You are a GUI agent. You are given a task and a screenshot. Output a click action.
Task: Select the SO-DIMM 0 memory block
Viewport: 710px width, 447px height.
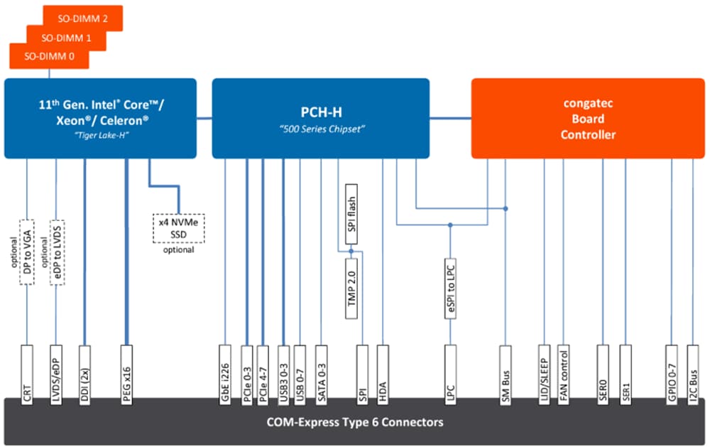tap(49, 56)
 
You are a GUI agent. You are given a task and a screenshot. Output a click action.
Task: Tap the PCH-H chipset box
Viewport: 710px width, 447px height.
tap(321, 118)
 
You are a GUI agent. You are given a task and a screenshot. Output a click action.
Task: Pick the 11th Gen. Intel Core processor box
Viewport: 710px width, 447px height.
tap(100, 118)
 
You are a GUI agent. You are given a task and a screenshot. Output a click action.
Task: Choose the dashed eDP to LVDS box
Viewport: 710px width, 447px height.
tap(58, 252)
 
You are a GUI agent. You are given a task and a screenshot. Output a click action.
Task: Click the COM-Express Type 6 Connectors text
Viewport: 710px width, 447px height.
tap(355, 422)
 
